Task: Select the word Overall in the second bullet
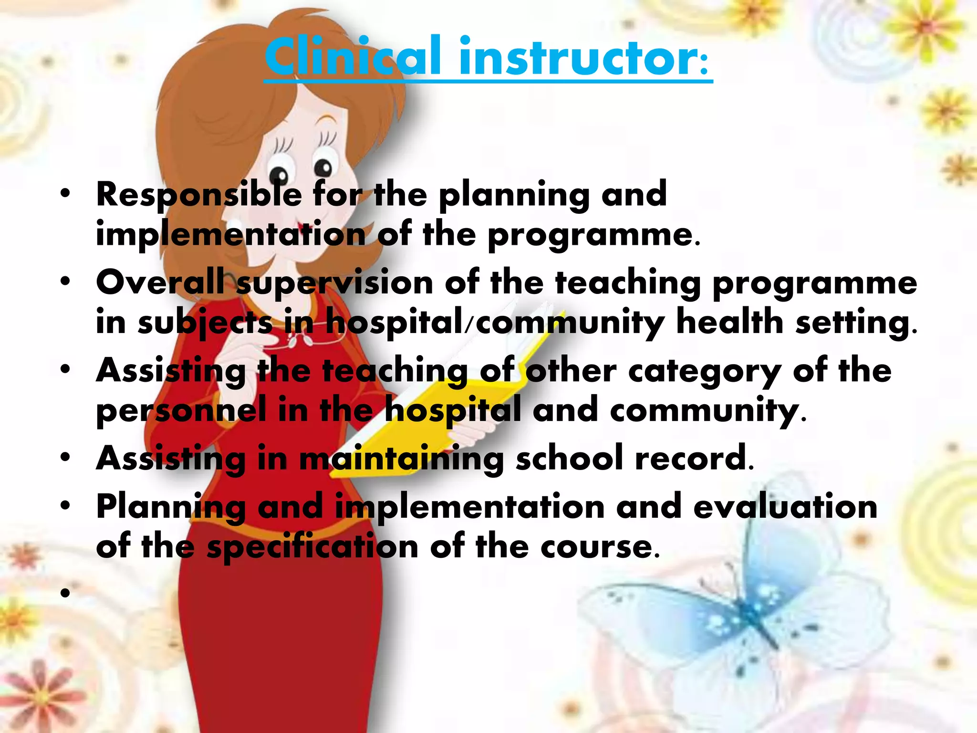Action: [160, 283]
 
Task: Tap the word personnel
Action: [181, 411]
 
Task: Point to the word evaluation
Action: [785, 507]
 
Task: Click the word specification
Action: [312, 547]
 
